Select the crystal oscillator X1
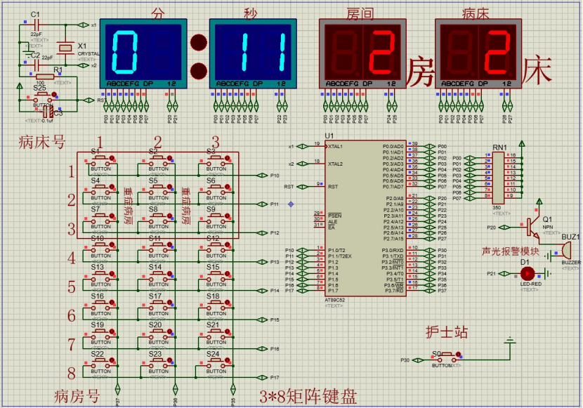[x=65, y=48]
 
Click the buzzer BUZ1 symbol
[x=565, y=250]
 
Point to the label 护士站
[x=446, y=332]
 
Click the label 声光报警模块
[x=510, y=251]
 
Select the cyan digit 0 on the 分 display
[x=124, y=53]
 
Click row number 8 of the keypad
[x=71, y=373]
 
